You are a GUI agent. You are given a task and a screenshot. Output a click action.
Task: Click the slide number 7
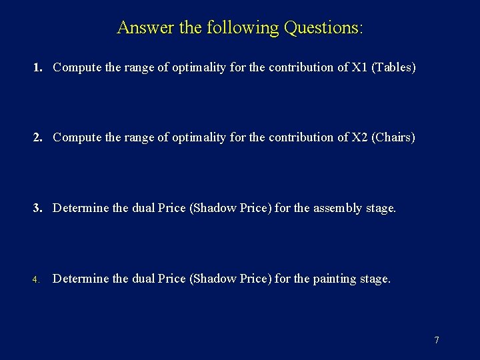(437, 340)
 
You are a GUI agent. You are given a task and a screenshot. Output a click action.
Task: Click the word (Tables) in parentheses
(394, 67)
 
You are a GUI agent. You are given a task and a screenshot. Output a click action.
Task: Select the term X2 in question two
(360, 137)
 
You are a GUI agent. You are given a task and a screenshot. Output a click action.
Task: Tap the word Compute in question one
(75, 67)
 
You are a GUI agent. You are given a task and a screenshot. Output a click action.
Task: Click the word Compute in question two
(75, 137)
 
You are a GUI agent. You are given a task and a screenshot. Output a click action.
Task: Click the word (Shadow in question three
(212, 208)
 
